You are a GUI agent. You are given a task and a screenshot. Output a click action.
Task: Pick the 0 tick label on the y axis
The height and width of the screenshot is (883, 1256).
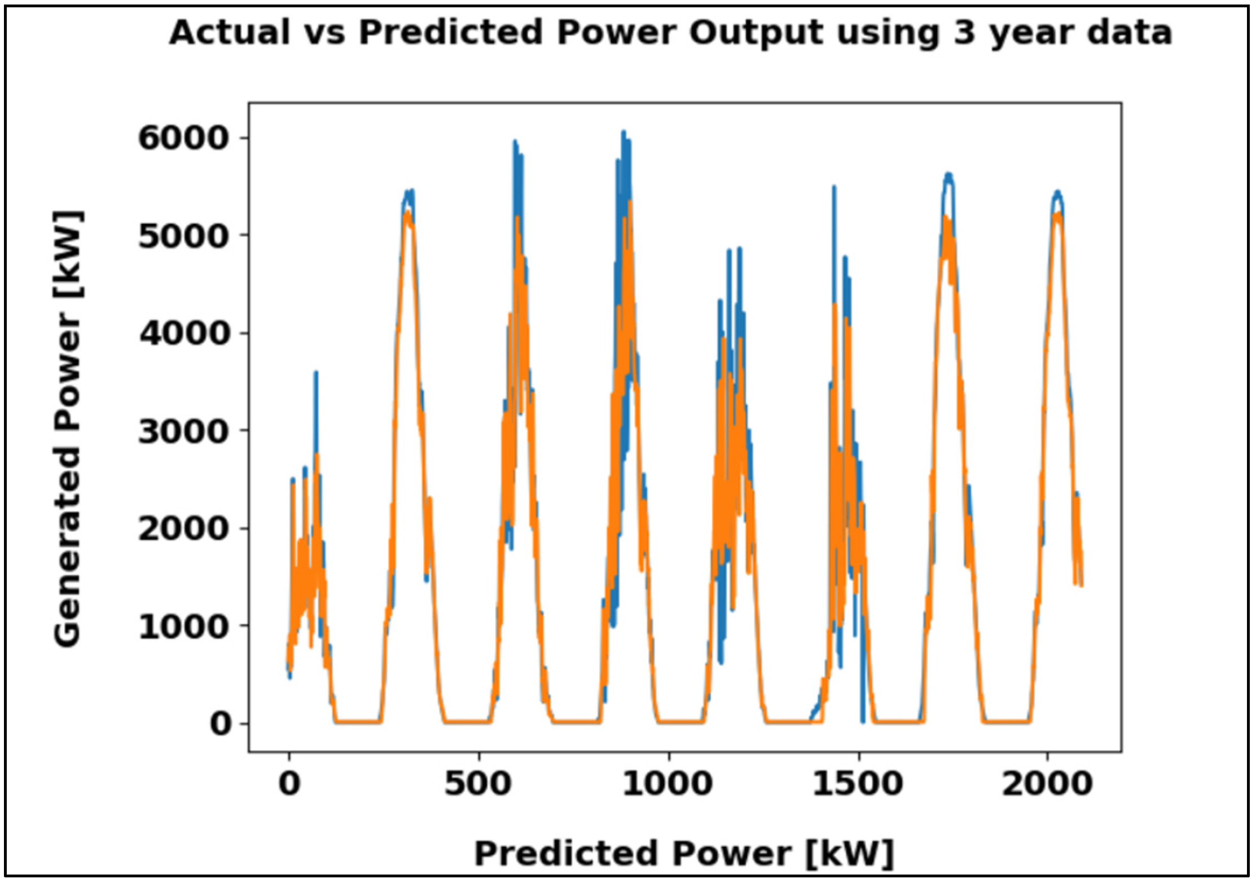[x=221, y=724]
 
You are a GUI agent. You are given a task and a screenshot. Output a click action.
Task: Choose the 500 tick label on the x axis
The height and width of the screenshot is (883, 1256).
[x=478, y=784]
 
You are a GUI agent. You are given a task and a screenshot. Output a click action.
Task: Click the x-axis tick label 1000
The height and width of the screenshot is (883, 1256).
[x=669, y=784]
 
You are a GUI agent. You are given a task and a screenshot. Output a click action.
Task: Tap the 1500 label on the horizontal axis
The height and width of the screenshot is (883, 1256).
[x=858, y=784]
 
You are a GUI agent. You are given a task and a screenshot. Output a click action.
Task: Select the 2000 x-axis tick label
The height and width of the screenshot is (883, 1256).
[x=1048, y=784]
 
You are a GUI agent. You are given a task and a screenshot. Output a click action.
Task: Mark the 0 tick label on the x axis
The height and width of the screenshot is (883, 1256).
[x=289, y=784]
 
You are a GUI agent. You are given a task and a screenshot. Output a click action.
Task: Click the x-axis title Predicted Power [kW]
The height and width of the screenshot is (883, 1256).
[x=684, y=853]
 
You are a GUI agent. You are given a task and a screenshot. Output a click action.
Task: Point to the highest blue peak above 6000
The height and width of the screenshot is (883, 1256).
[x=623, y=133]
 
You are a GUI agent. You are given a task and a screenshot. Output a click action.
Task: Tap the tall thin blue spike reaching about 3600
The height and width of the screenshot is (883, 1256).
[x=316, y=373]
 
